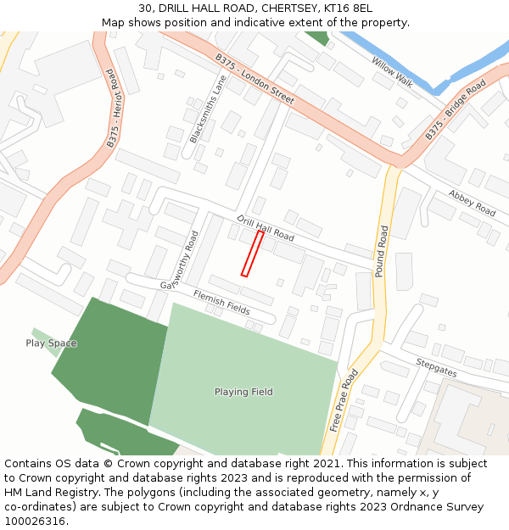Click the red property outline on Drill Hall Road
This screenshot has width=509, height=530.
(252, 254)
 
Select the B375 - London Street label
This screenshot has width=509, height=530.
(255, 80)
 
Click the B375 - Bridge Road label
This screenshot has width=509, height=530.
(456, 110)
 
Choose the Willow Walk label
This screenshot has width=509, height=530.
(392, 71)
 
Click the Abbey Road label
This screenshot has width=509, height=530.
(473, 203)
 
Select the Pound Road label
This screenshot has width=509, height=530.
(382, 251)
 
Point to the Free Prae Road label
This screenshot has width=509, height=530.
(344, 400)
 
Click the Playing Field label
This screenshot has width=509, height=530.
(243, 392)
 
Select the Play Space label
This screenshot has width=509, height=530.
(51, 343)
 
